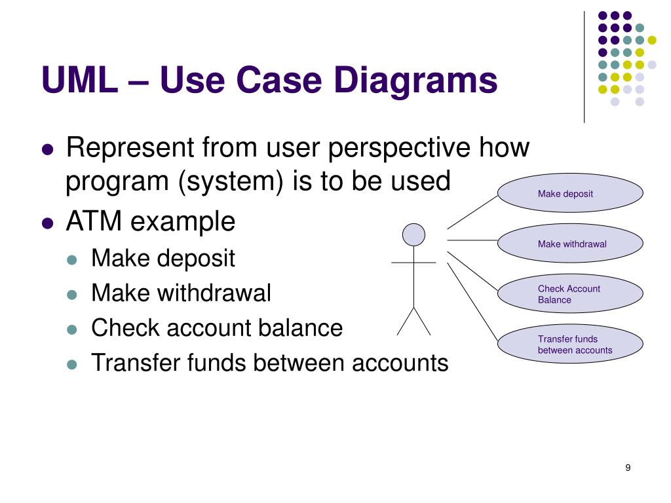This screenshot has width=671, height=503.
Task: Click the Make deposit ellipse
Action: [570, 193]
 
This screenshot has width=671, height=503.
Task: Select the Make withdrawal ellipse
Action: [570, 244]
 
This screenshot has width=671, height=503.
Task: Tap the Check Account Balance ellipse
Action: [570, 293]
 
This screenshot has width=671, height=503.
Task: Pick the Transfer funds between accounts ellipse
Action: [570, 344]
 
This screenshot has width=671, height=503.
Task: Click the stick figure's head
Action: [413, 234]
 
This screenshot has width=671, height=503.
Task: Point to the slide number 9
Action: [628, 468]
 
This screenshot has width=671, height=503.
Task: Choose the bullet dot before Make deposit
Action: [73, 259]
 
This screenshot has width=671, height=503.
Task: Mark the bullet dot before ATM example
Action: [47, 223]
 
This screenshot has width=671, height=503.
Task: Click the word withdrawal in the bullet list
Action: [214, 293]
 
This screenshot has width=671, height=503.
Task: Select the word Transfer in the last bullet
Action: [130, 362]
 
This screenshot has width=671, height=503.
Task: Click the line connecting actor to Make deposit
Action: [472, 212]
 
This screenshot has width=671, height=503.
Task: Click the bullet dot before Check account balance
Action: [73, 329]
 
